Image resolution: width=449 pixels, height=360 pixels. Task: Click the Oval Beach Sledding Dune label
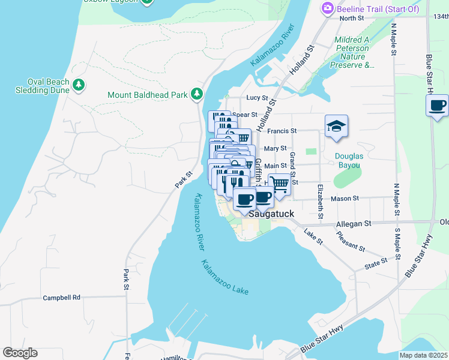tap(40, 86)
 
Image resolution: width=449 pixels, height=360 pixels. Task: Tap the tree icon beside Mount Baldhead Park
tap(196, 94)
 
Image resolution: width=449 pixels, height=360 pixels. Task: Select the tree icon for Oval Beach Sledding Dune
tap(79, 86)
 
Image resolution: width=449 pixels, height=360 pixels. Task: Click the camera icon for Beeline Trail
tap(328, 8)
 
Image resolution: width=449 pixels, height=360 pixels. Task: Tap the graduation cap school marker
tap(336, 127)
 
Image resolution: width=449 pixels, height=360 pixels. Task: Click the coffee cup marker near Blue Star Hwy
tap(438, 106)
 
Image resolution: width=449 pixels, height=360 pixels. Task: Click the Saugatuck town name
tap(270, 212)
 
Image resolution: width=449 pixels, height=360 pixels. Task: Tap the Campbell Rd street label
tap(61, 297)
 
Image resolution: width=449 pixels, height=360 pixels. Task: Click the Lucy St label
tap(256, 98)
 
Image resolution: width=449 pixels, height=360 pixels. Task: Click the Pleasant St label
tap(350, 242)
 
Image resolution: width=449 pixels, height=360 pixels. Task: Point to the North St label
tap(352, 19)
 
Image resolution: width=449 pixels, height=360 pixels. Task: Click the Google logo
tap(20, 353)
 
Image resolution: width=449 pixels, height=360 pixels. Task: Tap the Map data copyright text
tap(424, 355)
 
